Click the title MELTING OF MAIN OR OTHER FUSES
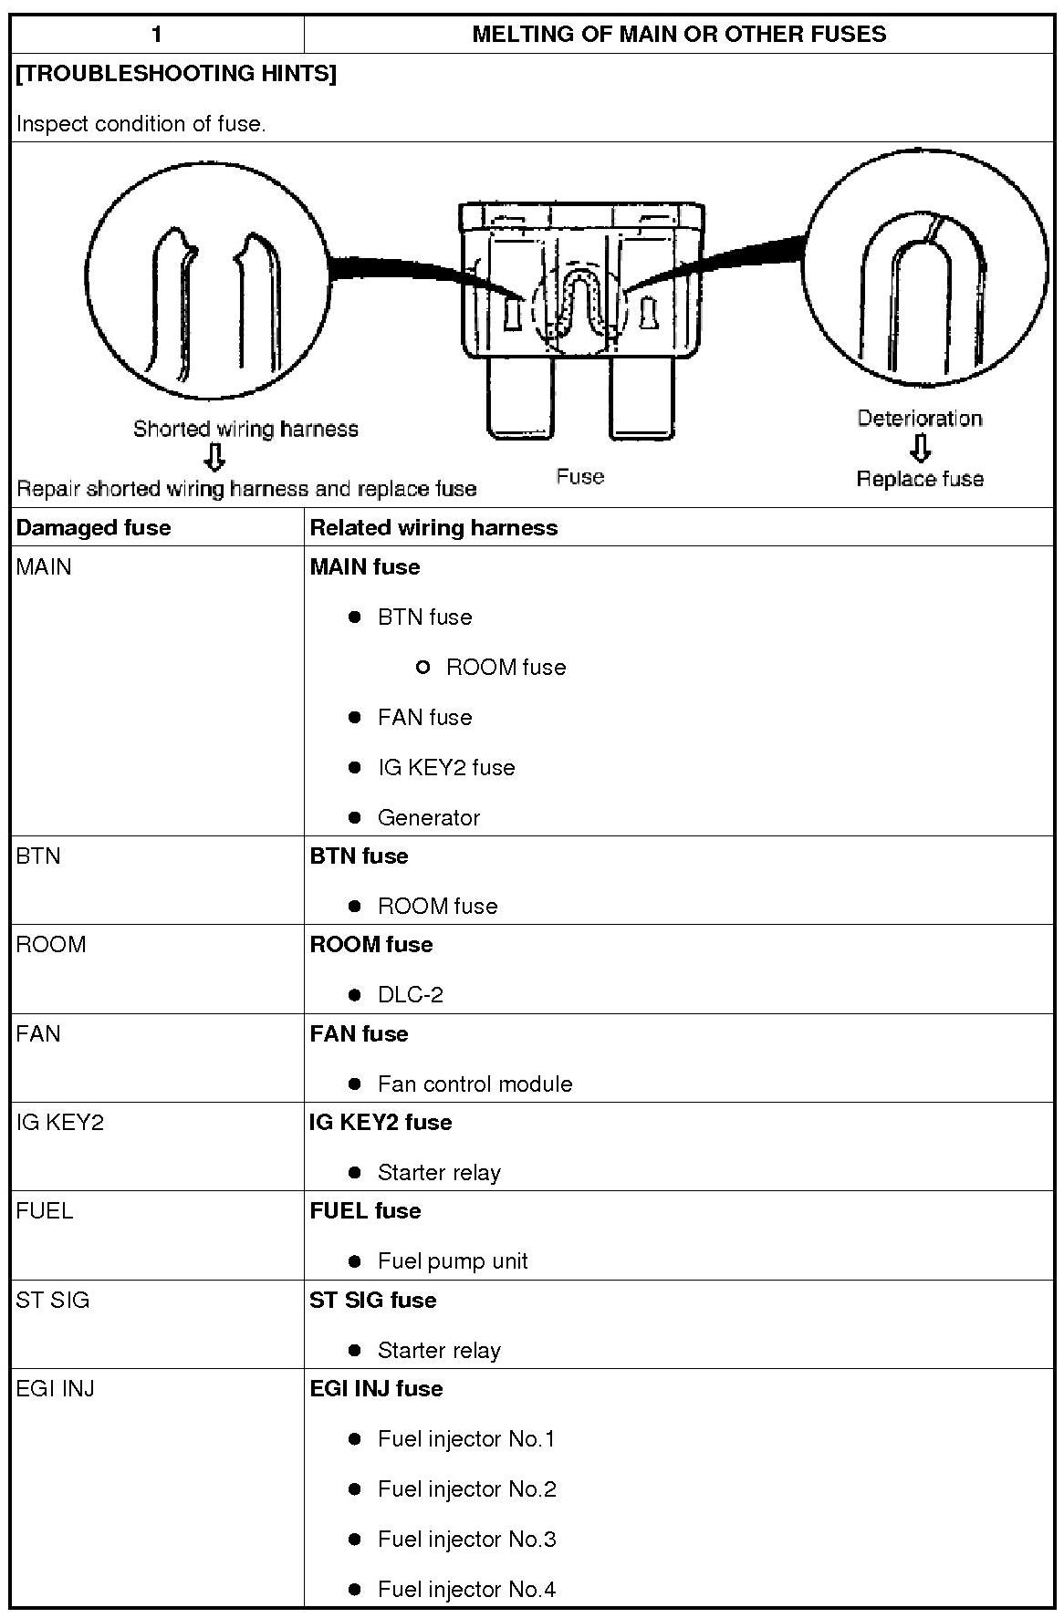pos(679,35)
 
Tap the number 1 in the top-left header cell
pos(157,35)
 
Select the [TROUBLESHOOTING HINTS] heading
pos(176,74)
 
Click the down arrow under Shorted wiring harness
pos(214,457)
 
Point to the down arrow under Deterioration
pos(921,448)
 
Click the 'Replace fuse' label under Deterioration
pos(920,479)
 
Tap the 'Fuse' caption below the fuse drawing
pos(580,476)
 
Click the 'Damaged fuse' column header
pos(93,528)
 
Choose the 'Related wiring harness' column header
pos(433,528)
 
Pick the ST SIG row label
pos(53,1300)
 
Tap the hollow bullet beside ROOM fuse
pos(422,668)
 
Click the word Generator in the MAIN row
pos(429,818)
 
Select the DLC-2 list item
pos(411,995)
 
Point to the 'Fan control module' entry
pos(475,1084)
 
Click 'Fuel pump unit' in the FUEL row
pos(453,1261)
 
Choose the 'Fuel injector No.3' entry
pos(466,1540)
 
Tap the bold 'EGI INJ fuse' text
pos(376,1389)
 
